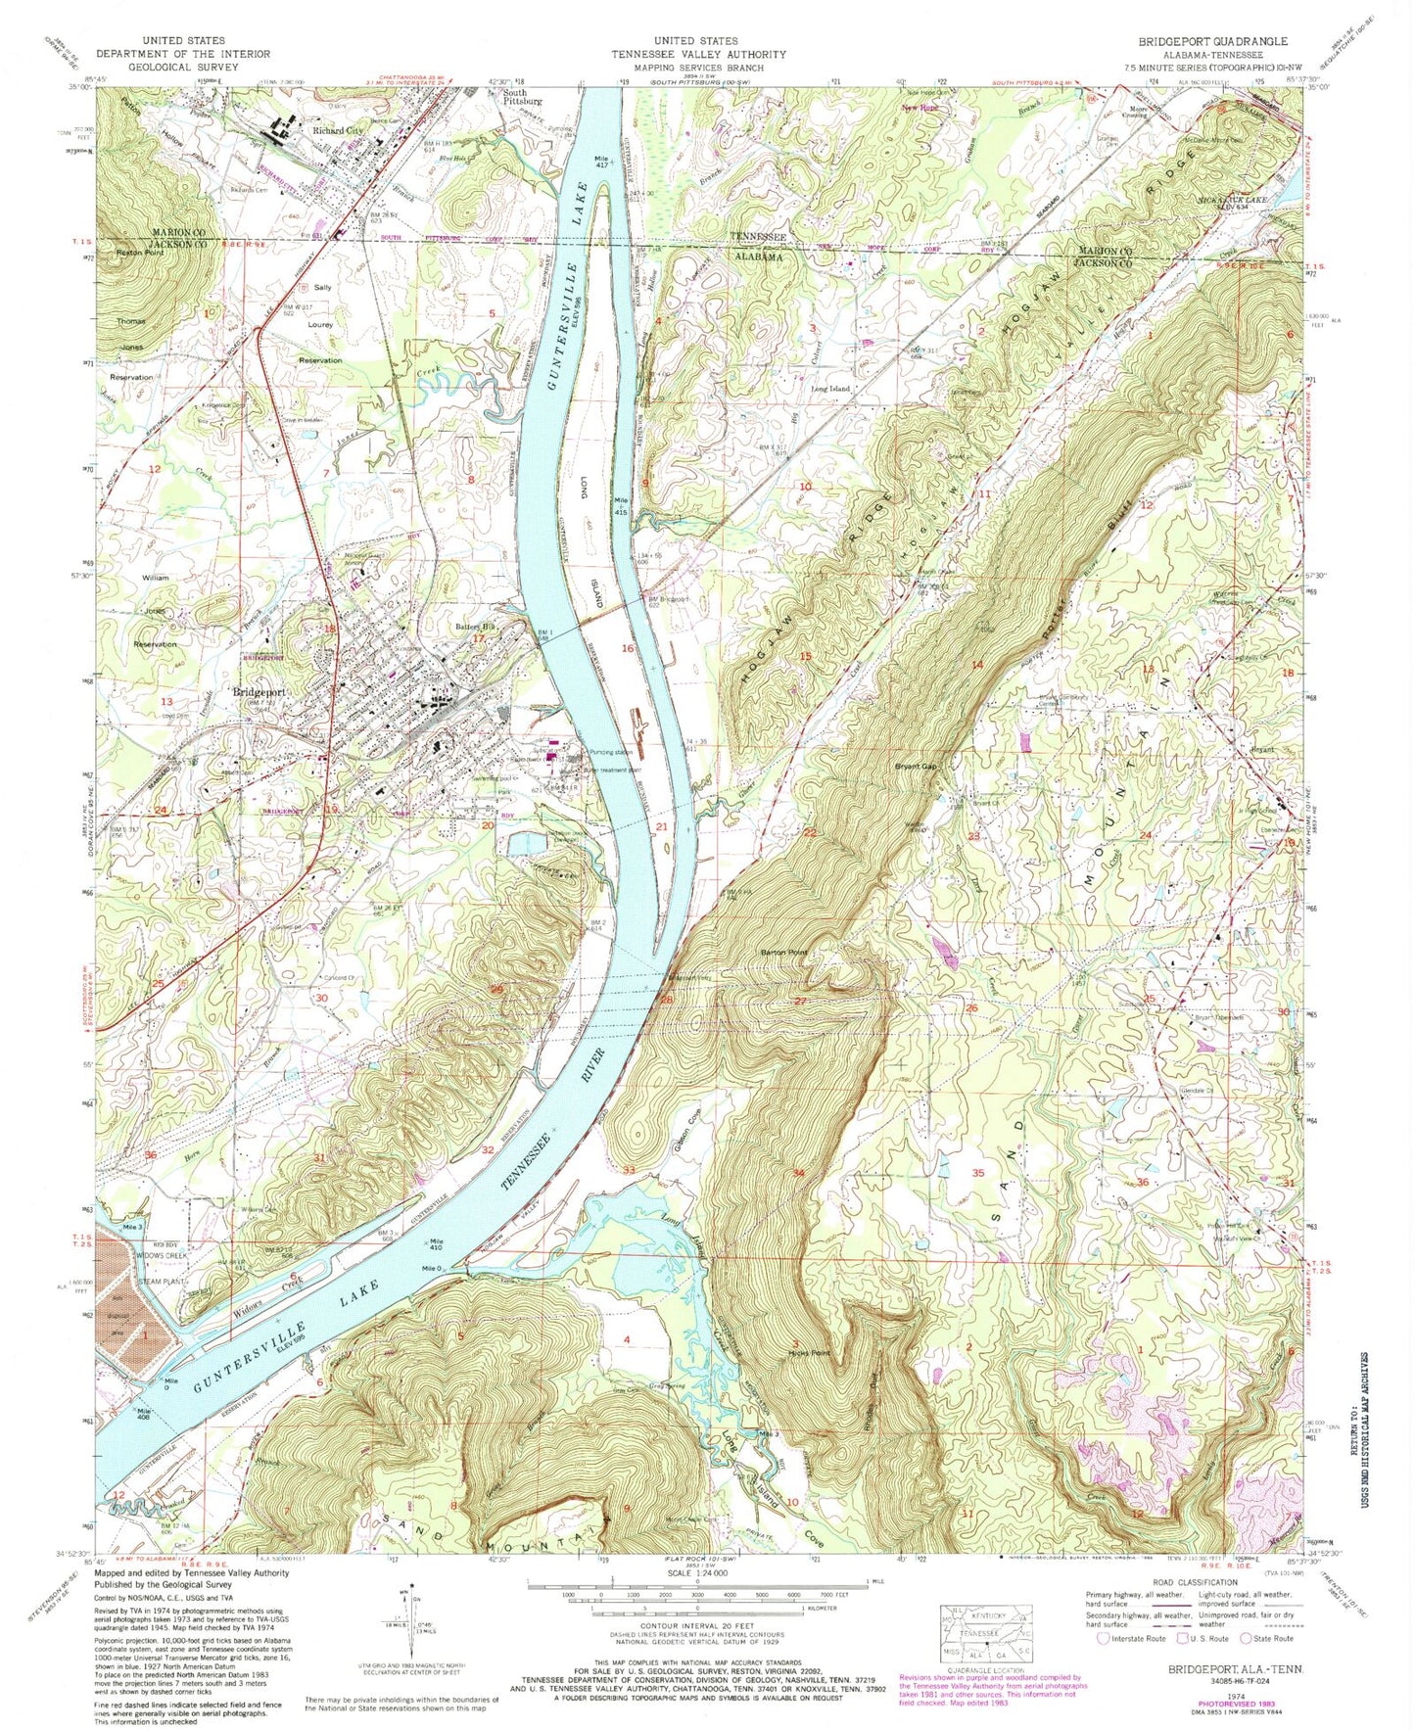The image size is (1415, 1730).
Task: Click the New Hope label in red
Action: pyautogui.click(x=920, y=109)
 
